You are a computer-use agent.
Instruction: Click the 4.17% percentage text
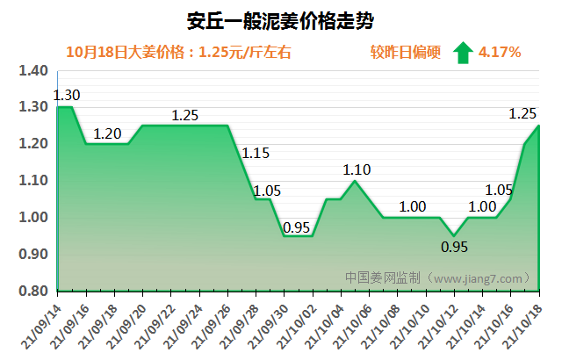click(x=501, y=53)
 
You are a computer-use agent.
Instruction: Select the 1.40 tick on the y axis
click(x=32, y=70)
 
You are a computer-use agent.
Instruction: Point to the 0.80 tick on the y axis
click(x=32, y=291)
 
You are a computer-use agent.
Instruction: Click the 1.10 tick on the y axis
click(x=32, y=181)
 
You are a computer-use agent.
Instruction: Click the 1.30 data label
click(x=67, y=95)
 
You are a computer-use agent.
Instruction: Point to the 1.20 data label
click(x=108, y=134)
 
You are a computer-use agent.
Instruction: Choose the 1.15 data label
click(x=256, y=154)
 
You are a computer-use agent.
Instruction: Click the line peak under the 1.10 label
click(x=354, y=181)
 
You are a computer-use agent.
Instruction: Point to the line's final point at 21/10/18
click(x=539, y=126)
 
